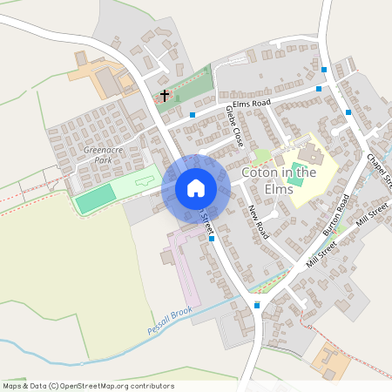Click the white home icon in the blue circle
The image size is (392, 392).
(x=196, y=188)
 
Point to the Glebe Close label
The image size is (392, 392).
(x=233, y=125)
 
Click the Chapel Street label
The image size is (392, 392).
(x=381, y=171)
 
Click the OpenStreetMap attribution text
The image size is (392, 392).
(x=87, y=386)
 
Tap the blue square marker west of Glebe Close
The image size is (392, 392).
(x=192, y=114)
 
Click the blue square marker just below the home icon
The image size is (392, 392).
(x=212, y=239)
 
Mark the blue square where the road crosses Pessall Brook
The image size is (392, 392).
(x=256, y=305)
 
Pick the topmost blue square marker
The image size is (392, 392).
(x=324, y=70)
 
